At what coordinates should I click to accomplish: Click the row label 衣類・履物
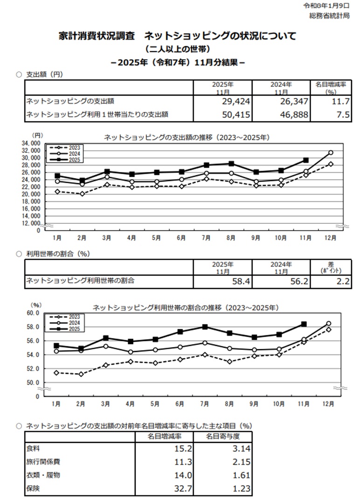[43, 475]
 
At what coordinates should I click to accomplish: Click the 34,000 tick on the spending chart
[31, 143]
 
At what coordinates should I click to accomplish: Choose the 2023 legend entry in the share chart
[68, 317]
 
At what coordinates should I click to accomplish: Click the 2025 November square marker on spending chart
[306, 160]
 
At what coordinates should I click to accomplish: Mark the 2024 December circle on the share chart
[329, 324]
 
